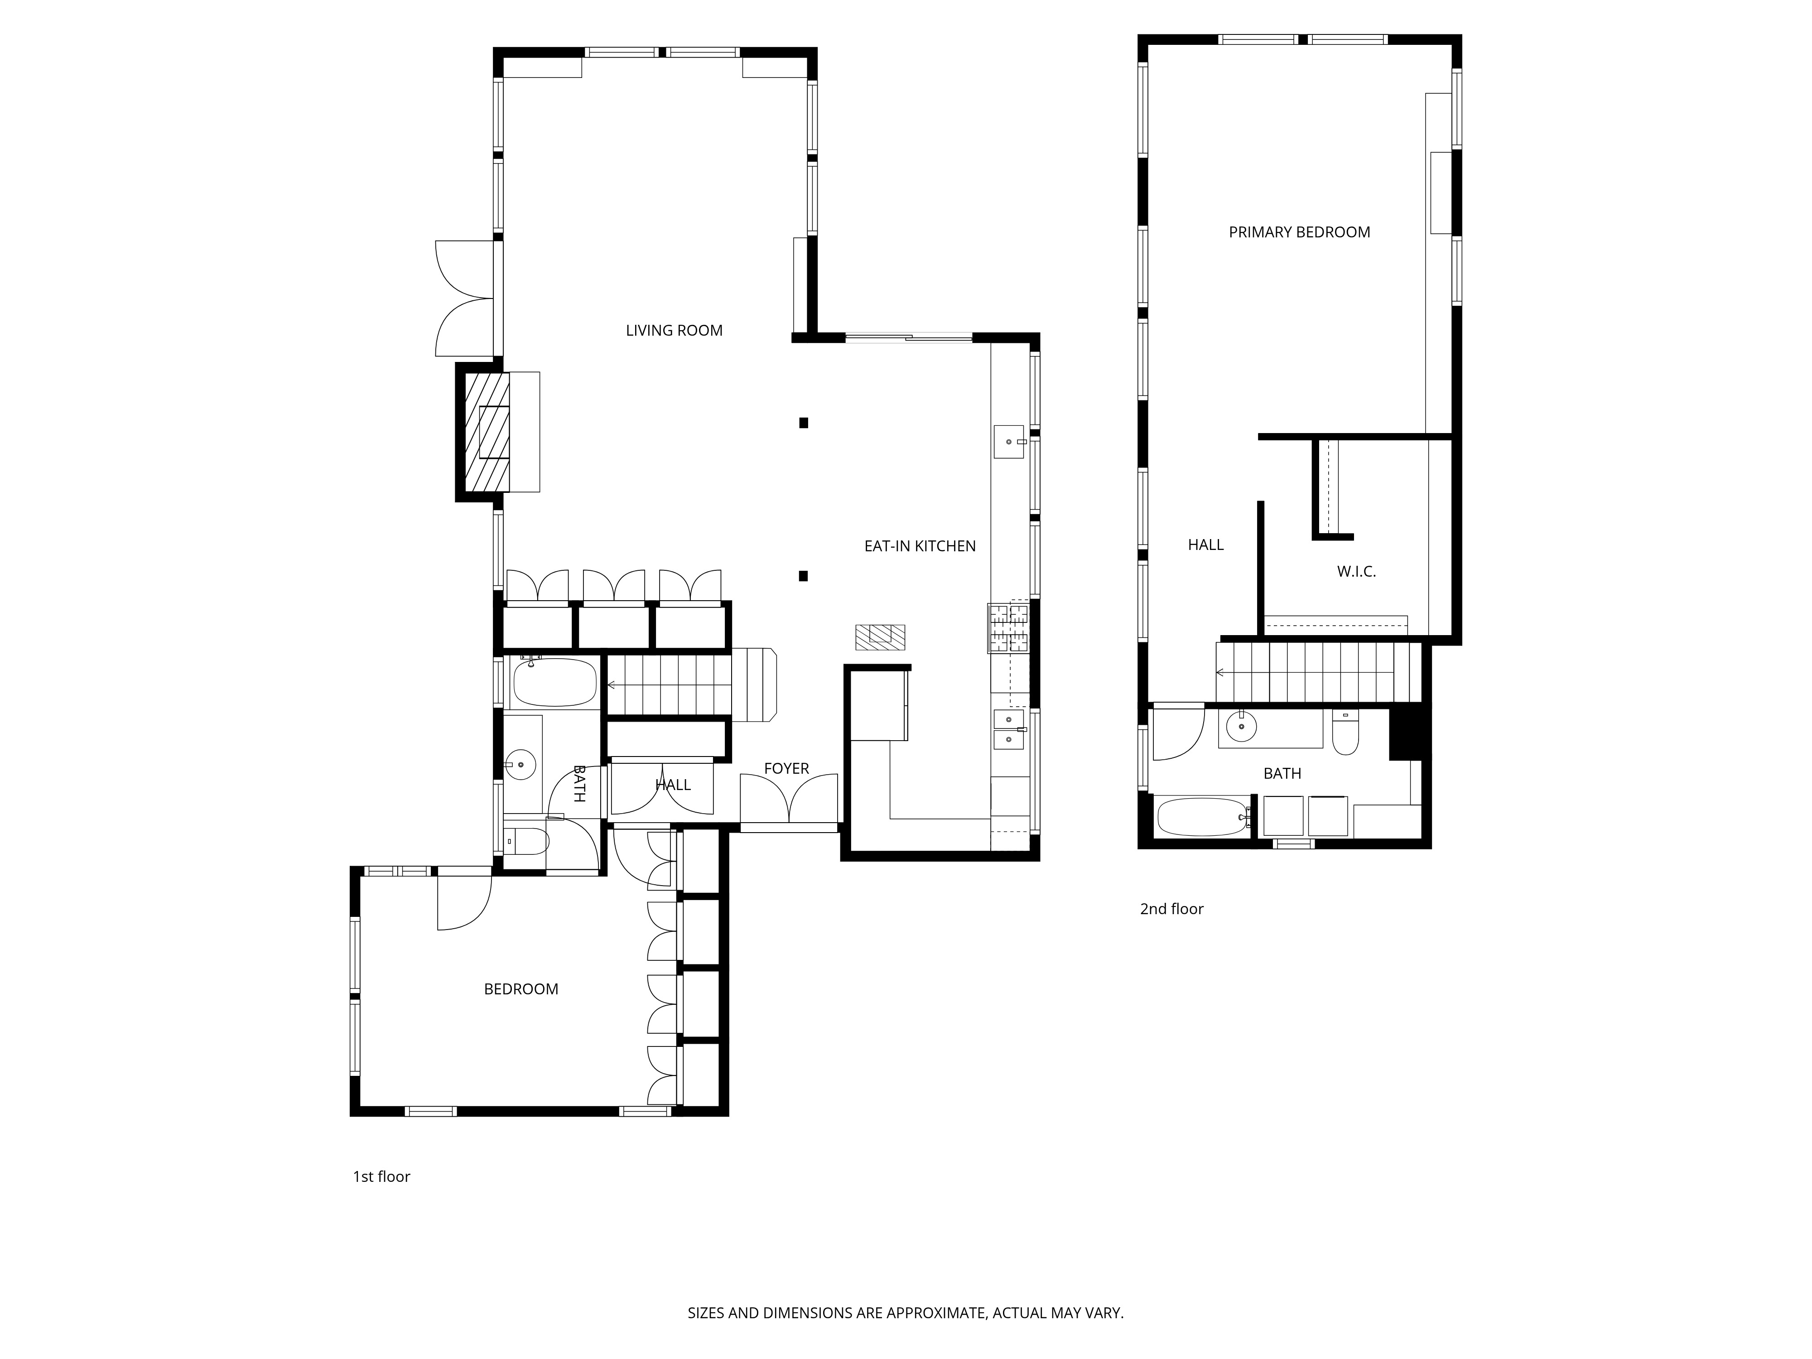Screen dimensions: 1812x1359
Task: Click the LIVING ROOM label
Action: (674, 331)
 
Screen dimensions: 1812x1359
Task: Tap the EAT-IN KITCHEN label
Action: (920, 546)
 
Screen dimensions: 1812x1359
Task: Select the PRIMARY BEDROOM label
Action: (1299, 233)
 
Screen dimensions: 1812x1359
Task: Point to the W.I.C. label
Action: (1357, 572)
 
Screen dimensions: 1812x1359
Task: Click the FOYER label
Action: (786, 768)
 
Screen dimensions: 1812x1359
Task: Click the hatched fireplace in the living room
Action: (487, 432)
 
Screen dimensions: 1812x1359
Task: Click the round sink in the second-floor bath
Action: (1242, 727)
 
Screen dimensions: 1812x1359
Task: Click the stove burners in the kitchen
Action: (1008, 627)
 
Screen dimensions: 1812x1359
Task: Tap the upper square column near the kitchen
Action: (804, 423)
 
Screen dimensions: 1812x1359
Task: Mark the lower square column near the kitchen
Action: (804, 576)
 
